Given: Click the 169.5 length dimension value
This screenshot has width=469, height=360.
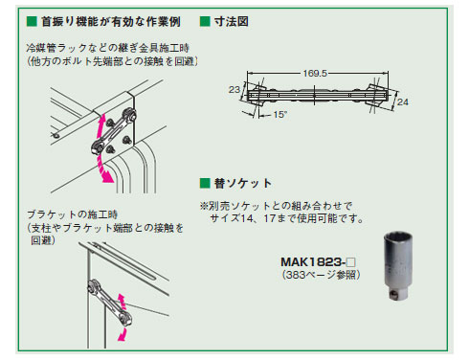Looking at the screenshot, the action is [315, 74].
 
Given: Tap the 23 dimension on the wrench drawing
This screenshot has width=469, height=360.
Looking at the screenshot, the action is [234, 90].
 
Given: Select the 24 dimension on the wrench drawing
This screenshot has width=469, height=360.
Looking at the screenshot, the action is [403, 101].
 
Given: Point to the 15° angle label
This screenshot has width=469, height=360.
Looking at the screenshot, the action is [280, 114].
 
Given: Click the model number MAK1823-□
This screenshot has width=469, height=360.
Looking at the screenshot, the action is [318, 262].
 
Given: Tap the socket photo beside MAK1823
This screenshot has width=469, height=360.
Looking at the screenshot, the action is [398, 266].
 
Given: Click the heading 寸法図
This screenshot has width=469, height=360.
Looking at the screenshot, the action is [232, 22].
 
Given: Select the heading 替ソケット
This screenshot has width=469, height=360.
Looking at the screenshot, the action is [243, 183].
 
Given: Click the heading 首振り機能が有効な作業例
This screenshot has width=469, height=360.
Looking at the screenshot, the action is [111, 22].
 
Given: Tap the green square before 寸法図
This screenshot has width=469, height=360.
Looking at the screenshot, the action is [205, 22].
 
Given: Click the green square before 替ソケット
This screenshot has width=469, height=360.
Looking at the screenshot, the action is [205, 183].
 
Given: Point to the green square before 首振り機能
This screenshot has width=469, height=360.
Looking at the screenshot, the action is [32, 22].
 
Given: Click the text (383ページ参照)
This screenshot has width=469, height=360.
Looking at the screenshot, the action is [322, 275].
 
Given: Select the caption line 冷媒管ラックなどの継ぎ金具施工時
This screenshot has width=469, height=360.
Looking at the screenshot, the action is [108, 48].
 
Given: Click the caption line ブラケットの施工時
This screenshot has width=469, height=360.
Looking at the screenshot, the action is [73, 214].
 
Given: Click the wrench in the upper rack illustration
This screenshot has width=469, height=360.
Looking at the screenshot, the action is [114, 131].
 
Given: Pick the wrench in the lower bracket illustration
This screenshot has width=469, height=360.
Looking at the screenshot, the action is [110, 303].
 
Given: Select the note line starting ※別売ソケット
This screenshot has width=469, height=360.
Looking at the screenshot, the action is [277, 206].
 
